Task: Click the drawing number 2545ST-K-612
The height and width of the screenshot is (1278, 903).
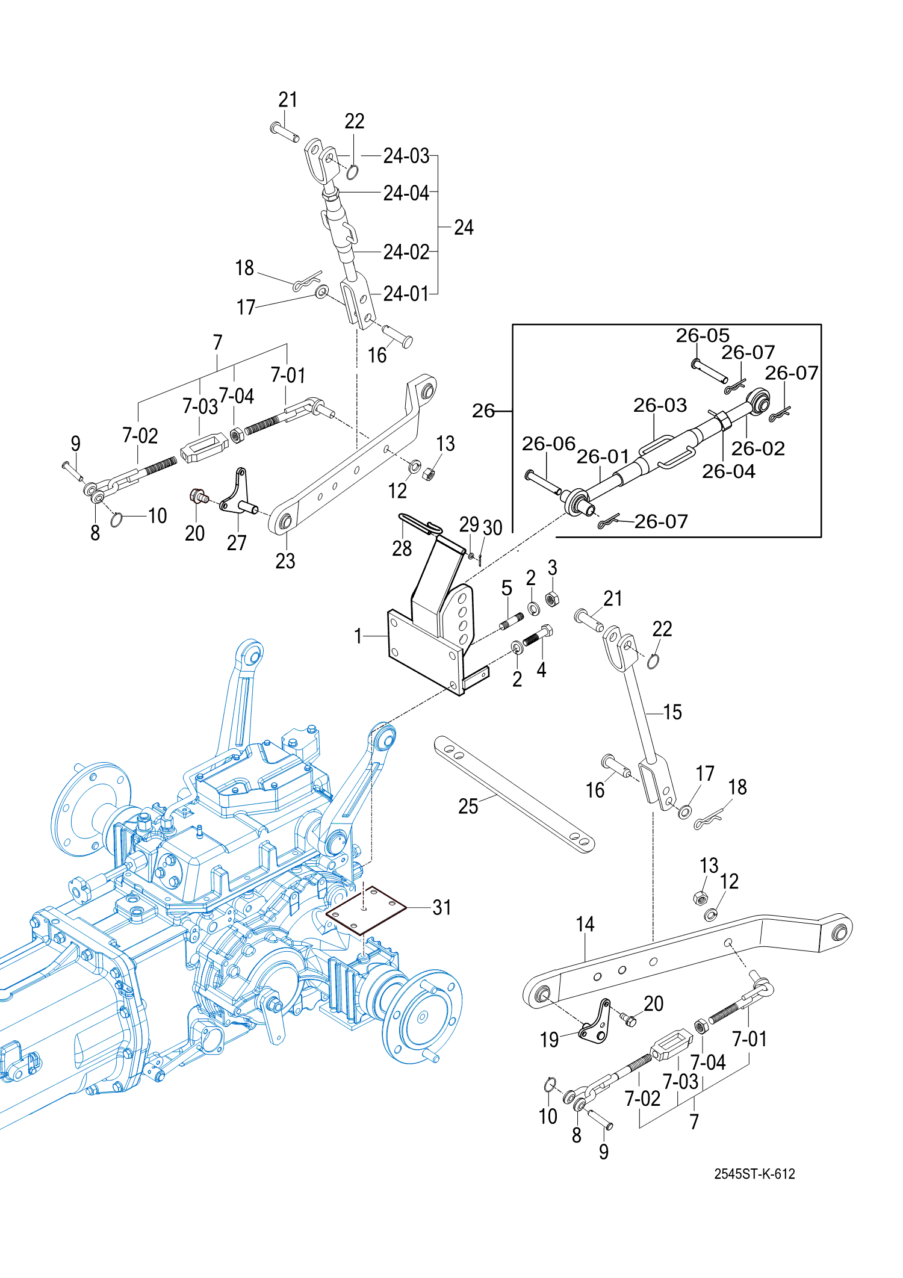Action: click(x=754, y=1173)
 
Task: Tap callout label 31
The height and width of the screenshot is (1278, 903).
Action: click(x=442, y=907)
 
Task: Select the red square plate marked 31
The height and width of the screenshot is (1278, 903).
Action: click(x=366, y=910)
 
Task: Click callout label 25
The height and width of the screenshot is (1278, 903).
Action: click(x=468, y=806)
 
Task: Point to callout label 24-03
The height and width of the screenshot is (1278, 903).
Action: click(x=406, y=156)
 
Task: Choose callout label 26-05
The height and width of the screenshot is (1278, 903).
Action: click(x=703, y=335)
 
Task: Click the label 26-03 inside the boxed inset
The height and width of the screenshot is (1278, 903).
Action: click(x=660, y=405)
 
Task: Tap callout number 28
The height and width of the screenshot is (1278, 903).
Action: click(x=402, y=548)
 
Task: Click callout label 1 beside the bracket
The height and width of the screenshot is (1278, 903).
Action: click(x=358, y=636)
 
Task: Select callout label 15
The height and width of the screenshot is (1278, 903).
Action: click(x=672, y=712)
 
